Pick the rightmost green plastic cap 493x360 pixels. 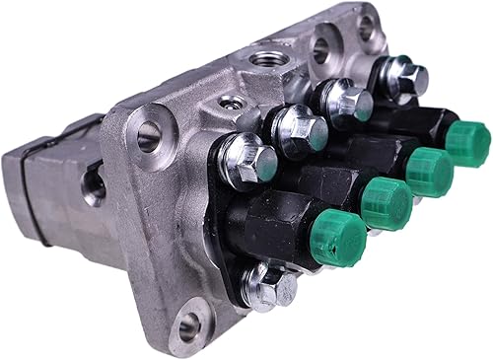(466, 144)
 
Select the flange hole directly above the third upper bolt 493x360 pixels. (322, 47)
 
